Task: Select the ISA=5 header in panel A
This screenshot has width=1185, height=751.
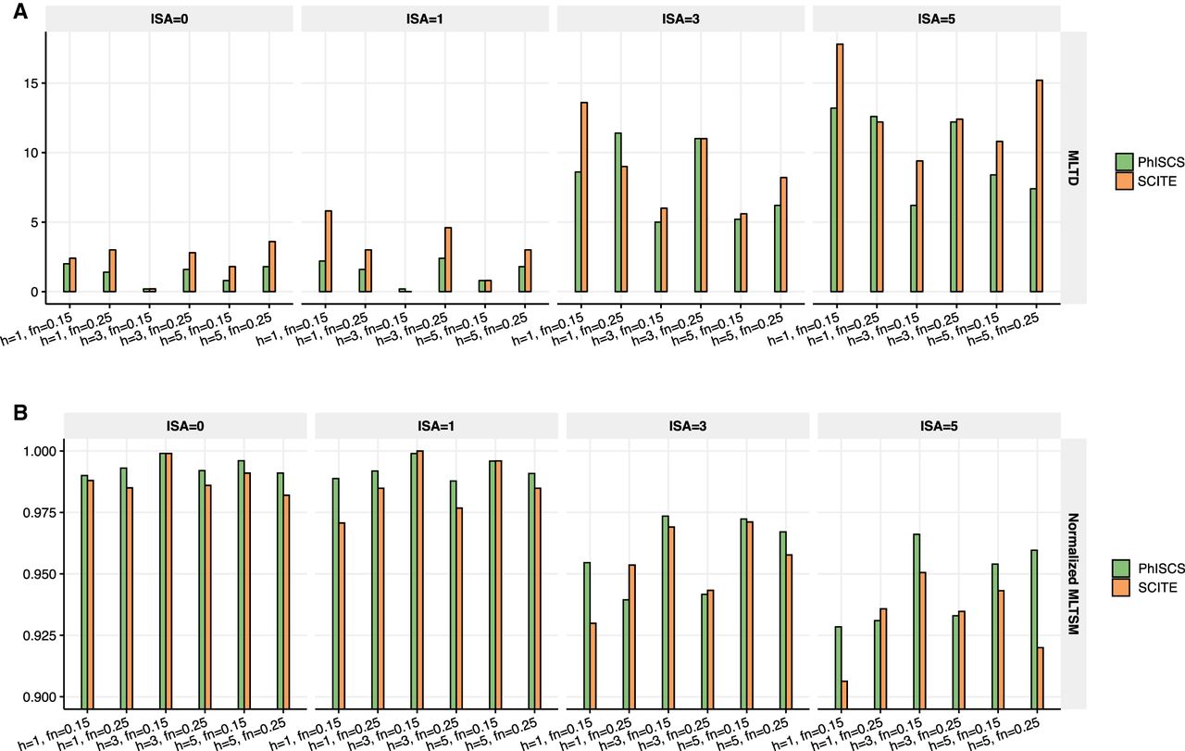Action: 935,19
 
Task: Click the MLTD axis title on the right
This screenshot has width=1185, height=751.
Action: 1073,167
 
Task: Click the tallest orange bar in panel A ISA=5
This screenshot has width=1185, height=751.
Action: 840,168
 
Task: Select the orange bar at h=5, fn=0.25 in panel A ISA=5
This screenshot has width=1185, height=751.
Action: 1039,185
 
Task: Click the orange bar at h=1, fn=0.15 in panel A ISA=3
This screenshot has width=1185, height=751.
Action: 584,196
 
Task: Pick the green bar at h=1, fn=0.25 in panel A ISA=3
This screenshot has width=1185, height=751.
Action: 617,212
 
